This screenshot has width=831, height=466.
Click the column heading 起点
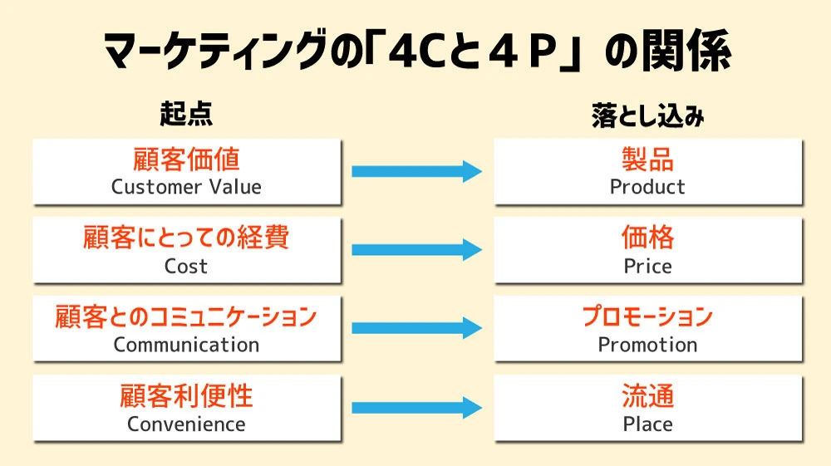186,115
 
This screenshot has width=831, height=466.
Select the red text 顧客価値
186,159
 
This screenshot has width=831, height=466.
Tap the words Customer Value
186,187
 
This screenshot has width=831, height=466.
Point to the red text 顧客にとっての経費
186,238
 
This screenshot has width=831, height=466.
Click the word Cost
186,267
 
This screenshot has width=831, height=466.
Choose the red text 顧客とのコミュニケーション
186,316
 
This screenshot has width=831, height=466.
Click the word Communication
186,345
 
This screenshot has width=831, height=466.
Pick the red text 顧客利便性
186,396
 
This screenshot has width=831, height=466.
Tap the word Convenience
186,424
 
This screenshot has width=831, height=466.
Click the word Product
647,187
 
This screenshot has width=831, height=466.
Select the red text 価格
647,238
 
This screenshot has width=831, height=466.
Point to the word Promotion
647,345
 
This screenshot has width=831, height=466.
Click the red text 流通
647,396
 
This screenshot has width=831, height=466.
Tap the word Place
647,424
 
